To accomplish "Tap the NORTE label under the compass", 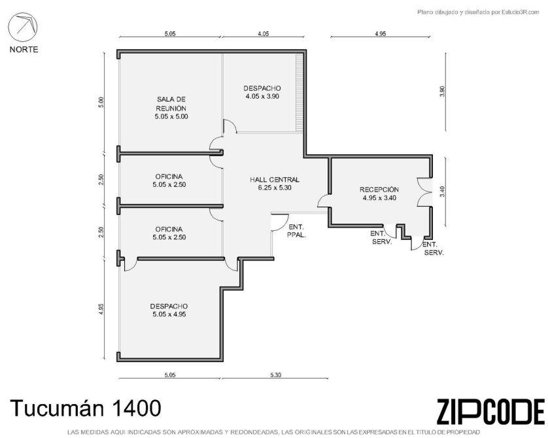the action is [x=24, y=50].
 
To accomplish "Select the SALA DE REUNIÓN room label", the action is [x=171, y=104].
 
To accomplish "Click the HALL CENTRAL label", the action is [x=275, y=180].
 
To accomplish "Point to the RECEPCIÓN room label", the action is [x=379, y=190].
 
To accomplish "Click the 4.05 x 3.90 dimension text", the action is [x=262, y=96].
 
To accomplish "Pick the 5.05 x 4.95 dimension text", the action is [x=169, y=314].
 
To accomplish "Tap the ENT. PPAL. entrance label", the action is [x=296, y=231].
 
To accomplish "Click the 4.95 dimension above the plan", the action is [x=380, y=33].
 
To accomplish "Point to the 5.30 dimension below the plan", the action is [x=276, y=375].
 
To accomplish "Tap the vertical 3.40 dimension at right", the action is [x=443, y=192].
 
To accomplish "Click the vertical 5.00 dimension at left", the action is [x=101, y=102].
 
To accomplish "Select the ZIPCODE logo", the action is [x=490, y=412].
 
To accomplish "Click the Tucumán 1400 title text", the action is [x=86, y=408].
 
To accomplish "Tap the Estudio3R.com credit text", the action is [x=521, y=12].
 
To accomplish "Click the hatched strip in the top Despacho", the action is [x=299, y=93].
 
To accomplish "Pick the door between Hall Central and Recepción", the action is [x=323, y=200].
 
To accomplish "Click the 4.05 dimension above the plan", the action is [x=263, y=33].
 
